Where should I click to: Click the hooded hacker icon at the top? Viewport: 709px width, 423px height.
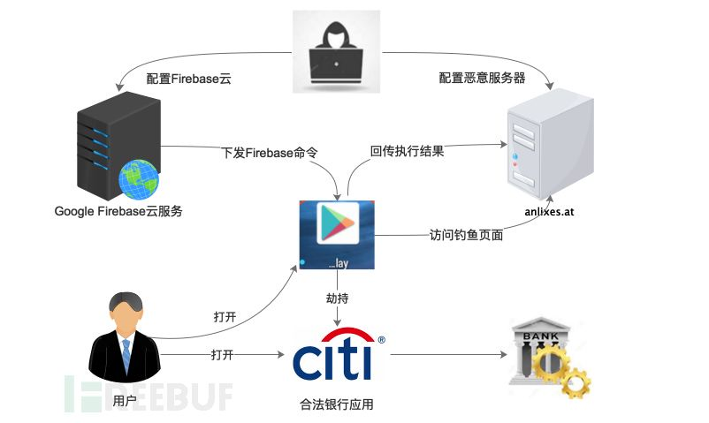[x=337, y=51]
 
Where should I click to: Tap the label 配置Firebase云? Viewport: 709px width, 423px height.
[x=189, y=78]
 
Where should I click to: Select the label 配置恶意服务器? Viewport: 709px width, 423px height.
[x=482, y=78]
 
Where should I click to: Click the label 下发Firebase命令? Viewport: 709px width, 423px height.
[x=269, y=152]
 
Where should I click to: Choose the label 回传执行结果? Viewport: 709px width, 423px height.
[x=407, y=151]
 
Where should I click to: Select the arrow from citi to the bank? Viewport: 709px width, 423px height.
[x=446, y=355]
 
